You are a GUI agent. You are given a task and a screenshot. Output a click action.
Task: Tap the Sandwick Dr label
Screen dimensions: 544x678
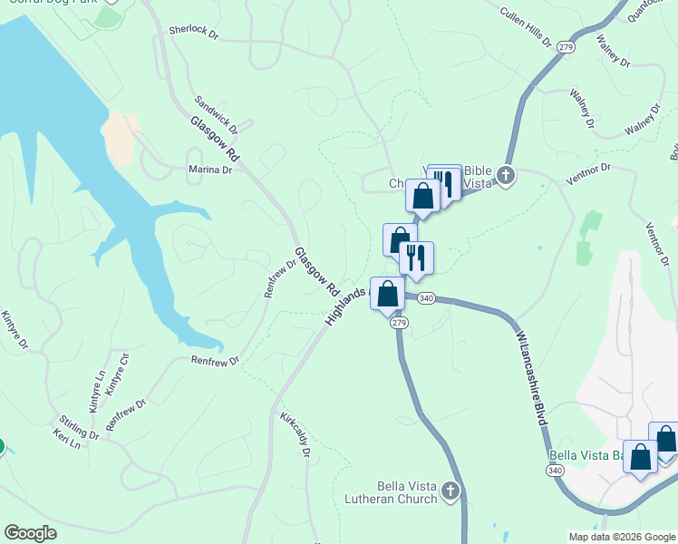(x=216, y=113)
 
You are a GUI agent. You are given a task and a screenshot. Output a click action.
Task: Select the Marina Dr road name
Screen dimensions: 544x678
(x=210, y=170)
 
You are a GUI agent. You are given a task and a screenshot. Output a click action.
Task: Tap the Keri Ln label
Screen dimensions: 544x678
(x=66, y=440)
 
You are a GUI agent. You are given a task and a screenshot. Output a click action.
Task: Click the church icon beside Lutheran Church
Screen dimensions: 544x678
(x=451, y=492)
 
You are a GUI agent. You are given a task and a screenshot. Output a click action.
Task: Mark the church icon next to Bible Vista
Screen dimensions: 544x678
(x=505, y=176)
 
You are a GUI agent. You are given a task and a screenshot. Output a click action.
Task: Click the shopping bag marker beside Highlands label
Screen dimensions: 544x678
(x=388, y=293)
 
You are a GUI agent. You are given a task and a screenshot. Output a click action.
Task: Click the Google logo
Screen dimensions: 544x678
(x=30, y=533)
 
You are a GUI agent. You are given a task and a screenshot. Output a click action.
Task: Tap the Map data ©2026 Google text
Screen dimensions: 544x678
(x=622, y=537)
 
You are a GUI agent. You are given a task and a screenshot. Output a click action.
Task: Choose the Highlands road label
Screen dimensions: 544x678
(x=345, y=307)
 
